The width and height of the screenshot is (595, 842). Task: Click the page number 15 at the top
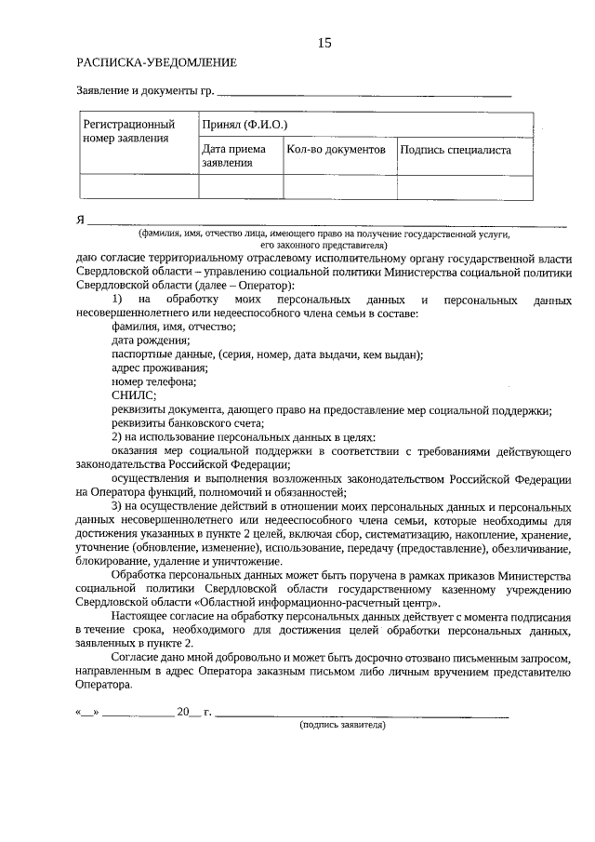[324, 43]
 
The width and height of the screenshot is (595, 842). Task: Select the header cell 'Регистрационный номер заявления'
[129, 131]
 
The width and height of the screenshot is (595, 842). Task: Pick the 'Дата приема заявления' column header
[233, 155]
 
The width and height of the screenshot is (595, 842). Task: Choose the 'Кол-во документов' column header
[336, 149]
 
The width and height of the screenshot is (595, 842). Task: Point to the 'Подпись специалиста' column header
[455, 149]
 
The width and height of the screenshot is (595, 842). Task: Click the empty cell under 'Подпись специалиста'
[465, 187]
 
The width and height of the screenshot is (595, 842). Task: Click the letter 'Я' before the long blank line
[80, 221]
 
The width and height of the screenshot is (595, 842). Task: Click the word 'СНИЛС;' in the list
[133, 394]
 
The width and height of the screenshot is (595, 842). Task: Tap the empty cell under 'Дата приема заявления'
[241, 187]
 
